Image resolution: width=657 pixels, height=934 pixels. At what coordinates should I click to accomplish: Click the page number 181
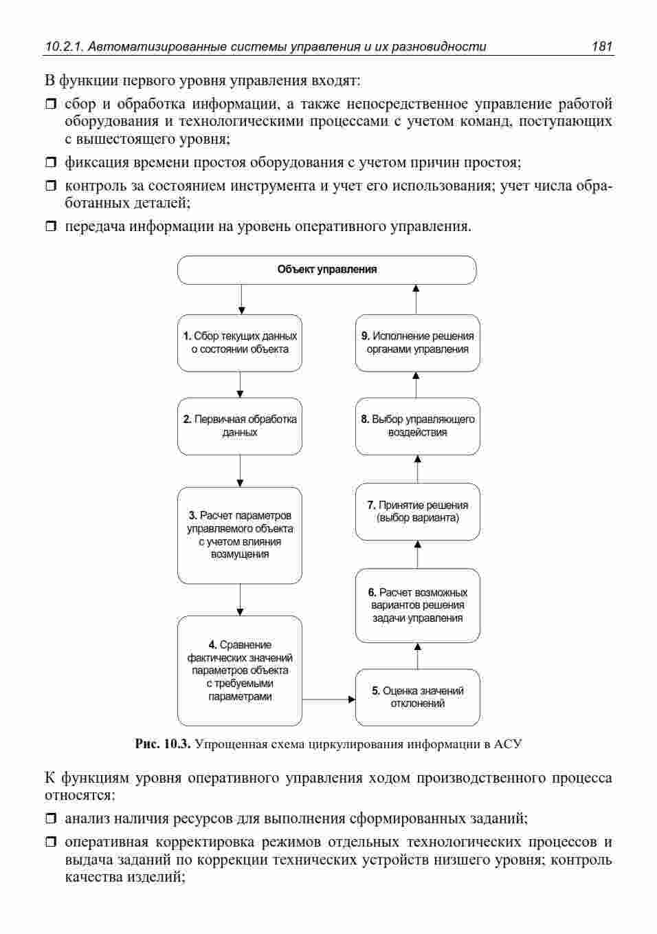tap(601, 46)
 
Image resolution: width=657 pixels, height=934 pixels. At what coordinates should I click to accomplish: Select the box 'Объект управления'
tap(327, 270)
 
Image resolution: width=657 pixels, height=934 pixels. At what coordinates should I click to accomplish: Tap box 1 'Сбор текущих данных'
tap(240, 343)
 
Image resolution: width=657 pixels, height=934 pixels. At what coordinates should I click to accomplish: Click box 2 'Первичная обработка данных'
tap(240, 426)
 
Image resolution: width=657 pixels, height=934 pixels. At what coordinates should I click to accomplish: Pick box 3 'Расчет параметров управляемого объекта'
tap(240, 535)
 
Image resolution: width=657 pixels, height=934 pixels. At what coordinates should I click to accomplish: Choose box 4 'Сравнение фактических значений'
tap(240, 671)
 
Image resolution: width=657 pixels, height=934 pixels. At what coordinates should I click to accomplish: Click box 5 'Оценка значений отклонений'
tap(417, 697)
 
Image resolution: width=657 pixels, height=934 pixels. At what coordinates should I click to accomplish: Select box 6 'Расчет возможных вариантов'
tap(417, 605)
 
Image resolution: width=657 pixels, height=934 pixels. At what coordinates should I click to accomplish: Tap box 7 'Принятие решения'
tap(417, 512)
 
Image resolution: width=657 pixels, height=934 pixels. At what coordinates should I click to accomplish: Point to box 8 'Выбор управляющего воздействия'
tap(417, 426)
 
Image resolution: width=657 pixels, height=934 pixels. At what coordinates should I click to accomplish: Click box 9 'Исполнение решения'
tap(417, 343)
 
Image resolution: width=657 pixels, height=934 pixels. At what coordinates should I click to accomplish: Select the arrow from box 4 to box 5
tap(328, 699)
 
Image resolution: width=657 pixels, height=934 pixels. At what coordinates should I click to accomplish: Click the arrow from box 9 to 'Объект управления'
tap(416, 299)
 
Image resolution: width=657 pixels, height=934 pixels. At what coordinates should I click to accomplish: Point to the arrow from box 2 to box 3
tap(240, 470)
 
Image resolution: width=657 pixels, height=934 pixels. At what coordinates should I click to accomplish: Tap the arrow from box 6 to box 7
tap(417, 554)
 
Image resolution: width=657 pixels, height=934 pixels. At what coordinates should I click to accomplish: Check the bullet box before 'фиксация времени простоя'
tap(50, 162)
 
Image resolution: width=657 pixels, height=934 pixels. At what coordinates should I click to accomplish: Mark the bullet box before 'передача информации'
tap(50, 226)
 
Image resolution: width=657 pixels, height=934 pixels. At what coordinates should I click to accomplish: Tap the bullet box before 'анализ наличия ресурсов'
tap(50, 818)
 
